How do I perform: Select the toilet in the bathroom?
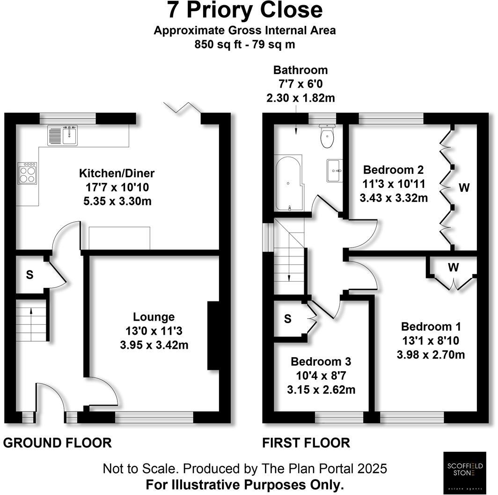pyautogui.click(x=326, y=136)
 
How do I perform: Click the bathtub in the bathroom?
pyautogui.click(x=289, y=184)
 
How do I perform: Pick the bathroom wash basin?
pyautogui.click(x=335, y=170)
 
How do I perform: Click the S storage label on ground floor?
pyautogui.click(x=29, y=275)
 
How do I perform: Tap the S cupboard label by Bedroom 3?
pyautogui.click(x=288, y=319)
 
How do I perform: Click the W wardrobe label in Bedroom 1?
pyautogui.click(x=453, y=268)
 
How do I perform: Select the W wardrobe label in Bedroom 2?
pyautogui.click(x=463, y=188)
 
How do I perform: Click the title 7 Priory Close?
pyautogui.click(x=245, y=10)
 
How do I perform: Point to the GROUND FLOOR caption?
pyautogui.click(x=58, y=442)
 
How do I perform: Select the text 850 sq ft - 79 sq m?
pyautogui.click(x=245, y=45)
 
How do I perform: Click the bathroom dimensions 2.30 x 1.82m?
pyautogui.click(x=300, y=98)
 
